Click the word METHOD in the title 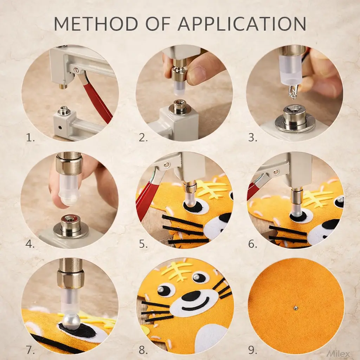[x=96, y=24]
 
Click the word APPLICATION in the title [x=242, y=24]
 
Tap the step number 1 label [x=30, y=137]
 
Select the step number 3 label [x=252, y=137]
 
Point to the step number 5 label [x=143, y=244]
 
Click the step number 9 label [x=252, y=350]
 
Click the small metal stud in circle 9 [x=296, y=308]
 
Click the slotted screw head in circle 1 [x=76, y=69]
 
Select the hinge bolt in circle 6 [x=276, y=172]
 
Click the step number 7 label [x=30, y=350]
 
